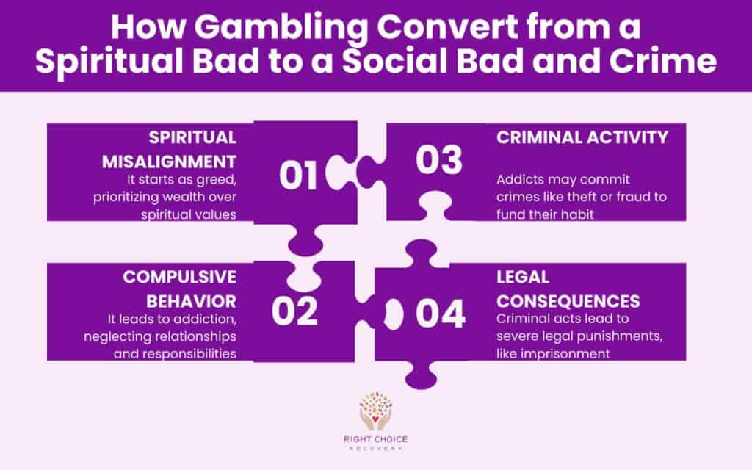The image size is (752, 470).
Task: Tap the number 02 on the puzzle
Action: [294, 311]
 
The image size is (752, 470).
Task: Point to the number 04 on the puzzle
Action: [441, 314]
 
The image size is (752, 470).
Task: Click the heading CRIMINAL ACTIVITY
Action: [582, 137]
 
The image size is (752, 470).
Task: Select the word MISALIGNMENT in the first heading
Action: [181, 161]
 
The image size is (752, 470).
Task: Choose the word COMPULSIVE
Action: [179, 277]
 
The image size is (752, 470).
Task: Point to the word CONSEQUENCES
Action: [568, 301]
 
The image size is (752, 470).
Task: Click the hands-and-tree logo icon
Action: [375, 411]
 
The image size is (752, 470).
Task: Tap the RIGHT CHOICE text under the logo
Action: [375, 441]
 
